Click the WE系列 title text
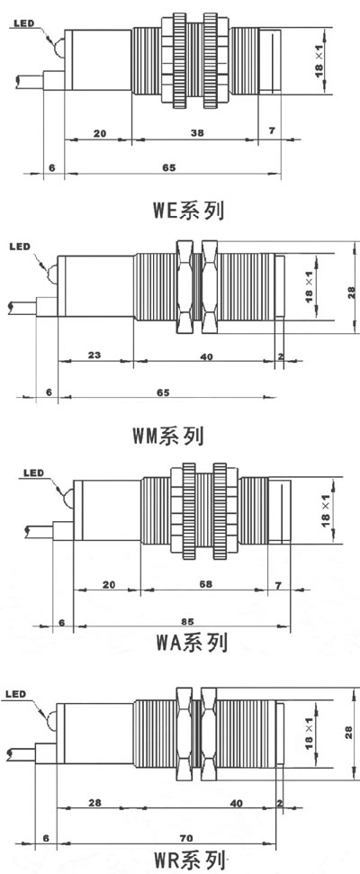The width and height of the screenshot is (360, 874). click(x=189, y=211)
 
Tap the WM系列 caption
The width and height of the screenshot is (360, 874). click(x=168, y=437)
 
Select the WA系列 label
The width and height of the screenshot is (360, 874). click(x=192, y=643)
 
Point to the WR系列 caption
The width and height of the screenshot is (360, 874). click(x=191, y=860)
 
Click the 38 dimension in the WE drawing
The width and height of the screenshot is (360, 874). click(x=197, y=132)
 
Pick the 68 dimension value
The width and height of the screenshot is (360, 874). click(x=205, y=583)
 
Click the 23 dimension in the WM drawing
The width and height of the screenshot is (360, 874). click(x=94, y=354)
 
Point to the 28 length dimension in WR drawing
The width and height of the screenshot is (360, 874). click(x=94, y=803)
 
